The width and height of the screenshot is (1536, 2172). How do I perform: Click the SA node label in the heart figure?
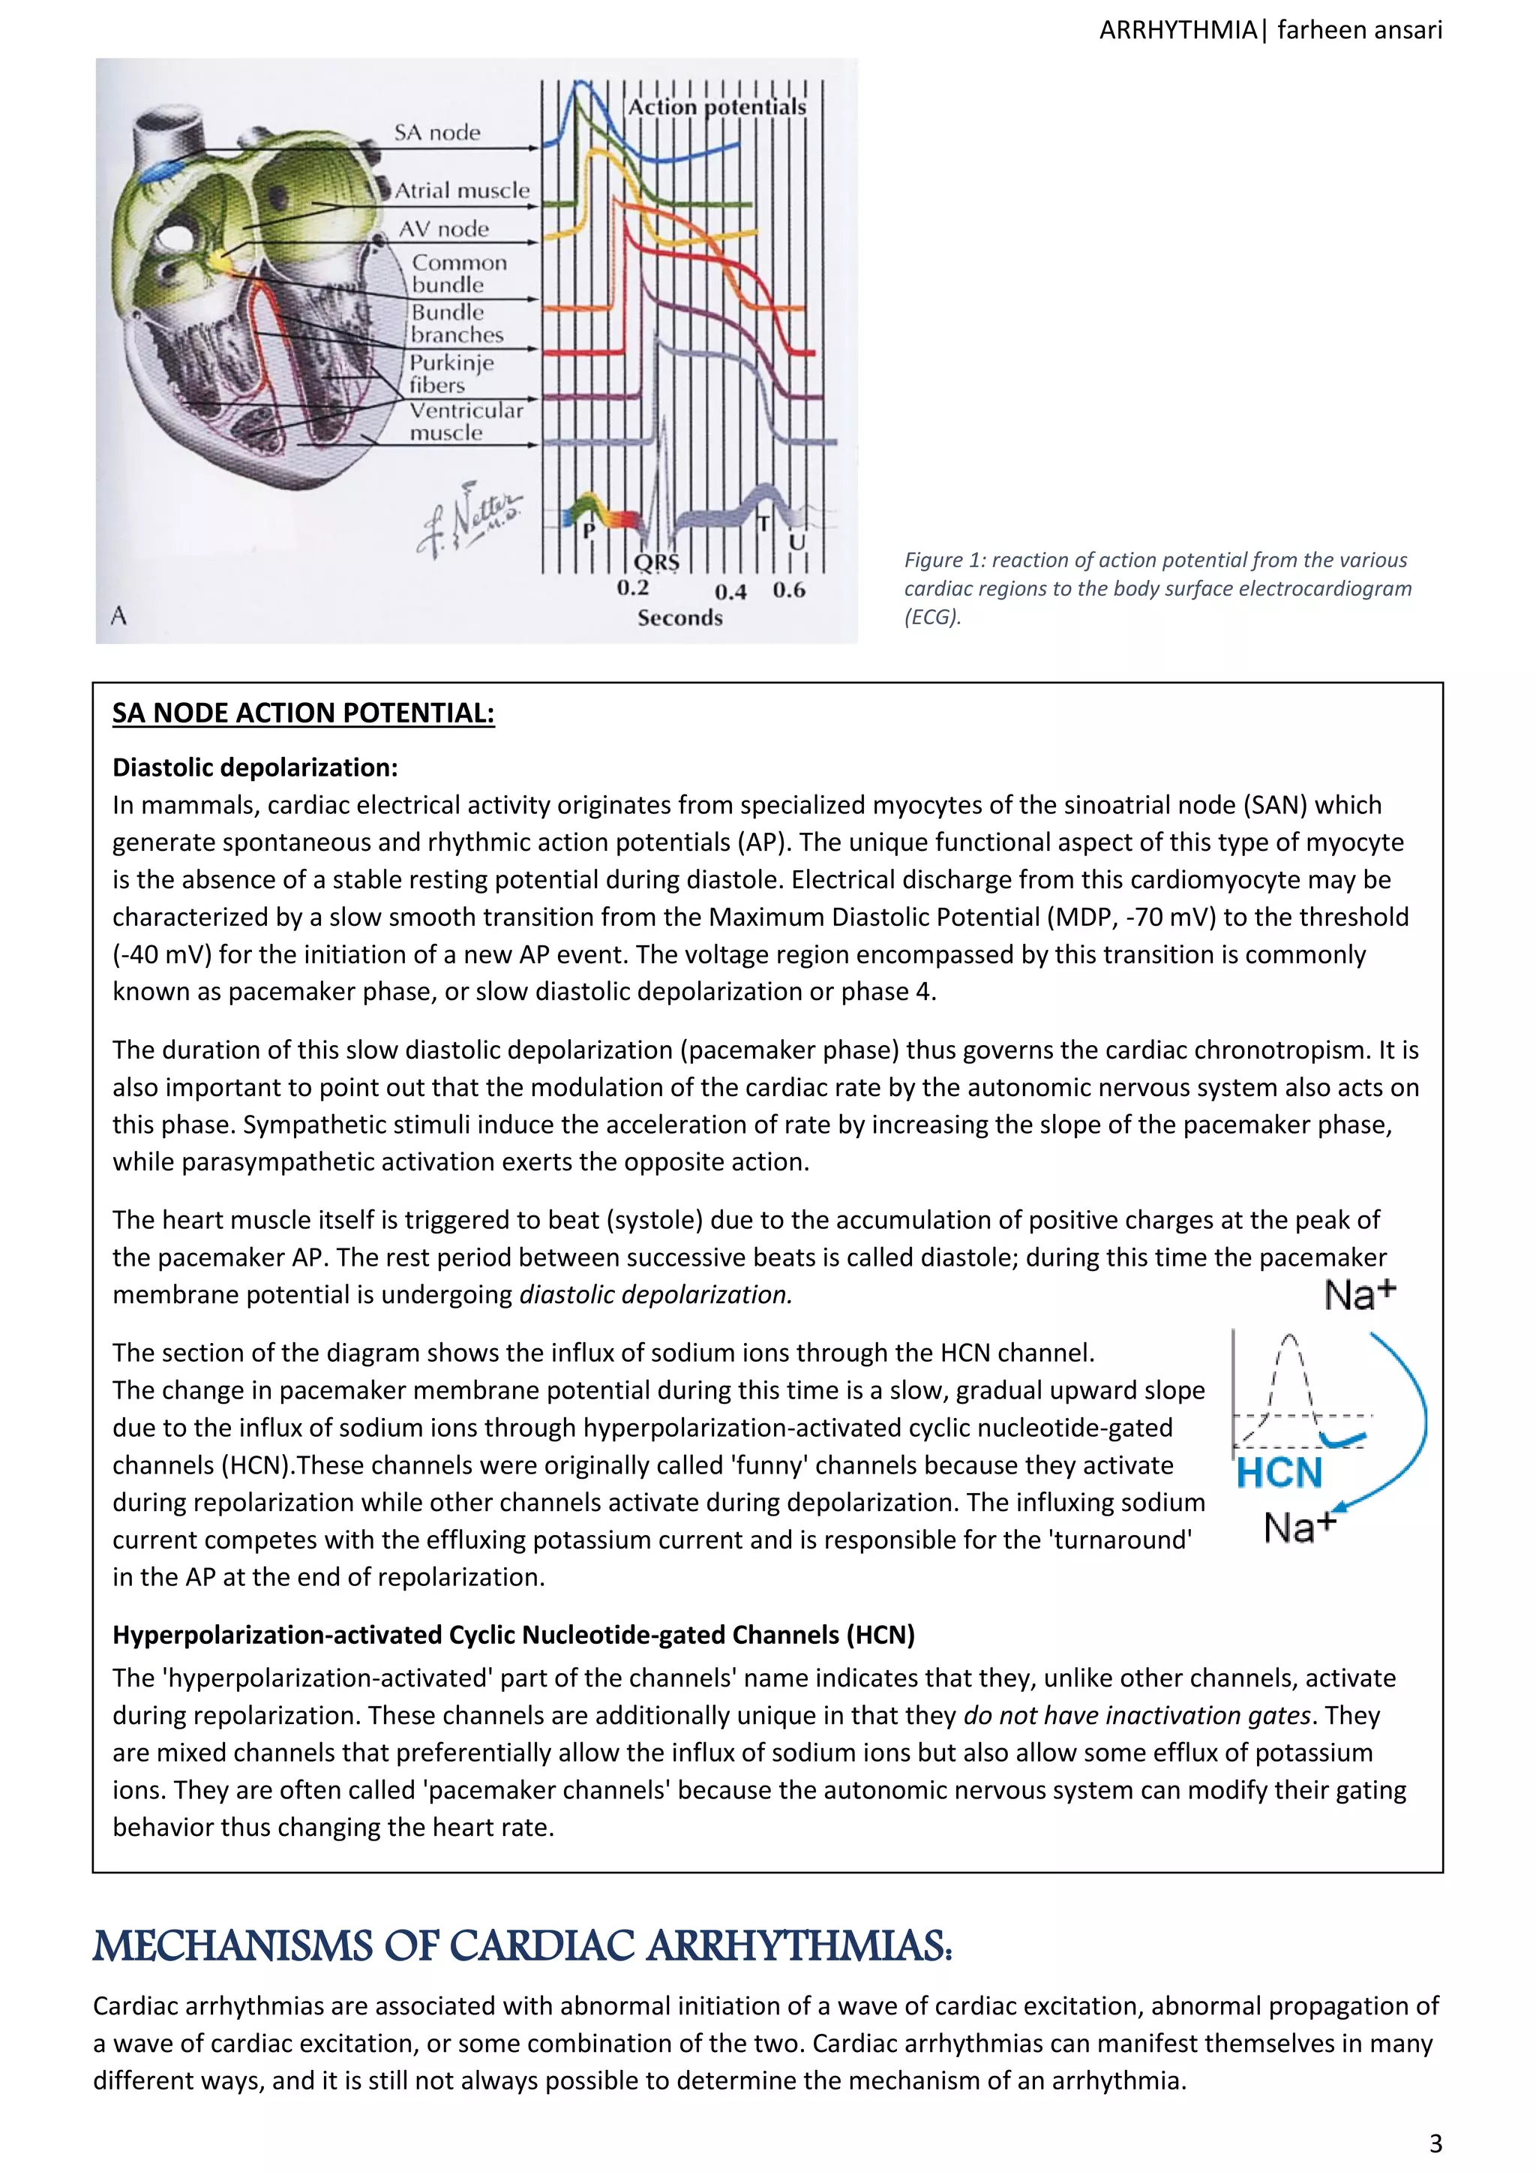437,133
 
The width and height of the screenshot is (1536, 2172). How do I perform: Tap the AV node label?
443,229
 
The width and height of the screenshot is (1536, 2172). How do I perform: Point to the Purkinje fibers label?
451,374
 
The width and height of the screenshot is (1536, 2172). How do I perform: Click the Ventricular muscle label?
465,422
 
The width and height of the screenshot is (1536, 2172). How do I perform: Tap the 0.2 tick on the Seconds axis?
633,588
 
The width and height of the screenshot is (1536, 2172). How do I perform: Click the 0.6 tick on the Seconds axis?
789,590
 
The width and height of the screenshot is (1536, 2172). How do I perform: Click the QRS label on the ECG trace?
656,563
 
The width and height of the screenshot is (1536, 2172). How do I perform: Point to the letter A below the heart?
118,616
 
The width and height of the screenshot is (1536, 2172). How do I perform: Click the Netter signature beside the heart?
469,519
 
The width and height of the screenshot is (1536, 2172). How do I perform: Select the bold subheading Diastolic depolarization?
254,768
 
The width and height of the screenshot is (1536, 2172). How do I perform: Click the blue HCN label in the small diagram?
1279,1474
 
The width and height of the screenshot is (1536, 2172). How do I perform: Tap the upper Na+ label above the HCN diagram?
1359,1295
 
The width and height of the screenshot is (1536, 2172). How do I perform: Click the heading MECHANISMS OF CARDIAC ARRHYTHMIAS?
522,1947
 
